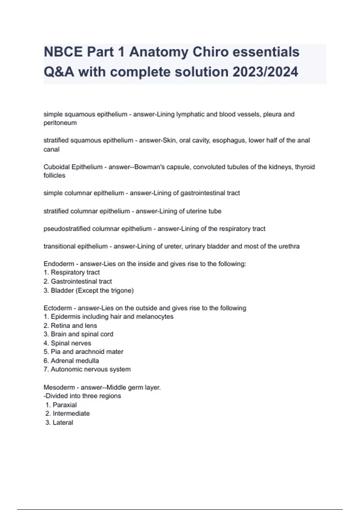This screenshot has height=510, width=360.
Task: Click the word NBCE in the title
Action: click(63, 52)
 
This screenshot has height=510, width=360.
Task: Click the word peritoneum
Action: click(60, 123)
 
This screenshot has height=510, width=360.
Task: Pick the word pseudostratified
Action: click(67, 229)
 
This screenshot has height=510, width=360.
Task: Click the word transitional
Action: click(59, 246)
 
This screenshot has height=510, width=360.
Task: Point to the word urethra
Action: click(288, 246)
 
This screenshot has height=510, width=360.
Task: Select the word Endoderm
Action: click(59, 264)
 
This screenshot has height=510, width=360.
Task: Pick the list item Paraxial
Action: click(64, 405)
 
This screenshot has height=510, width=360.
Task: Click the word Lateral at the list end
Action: click(63, 422)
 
